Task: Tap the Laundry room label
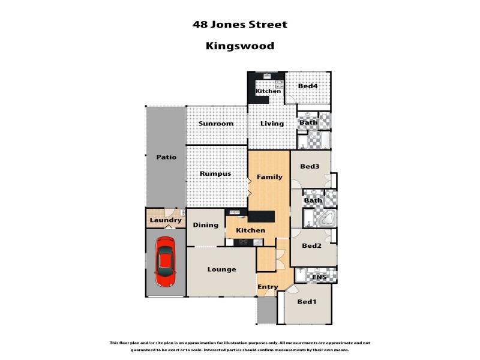[165, 220]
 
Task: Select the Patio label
[166, 157]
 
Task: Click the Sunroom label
[216, 124]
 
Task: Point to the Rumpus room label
[216, 174]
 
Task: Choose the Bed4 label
[308, 86]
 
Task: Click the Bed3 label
[310, 167]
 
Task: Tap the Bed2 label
[312, 245]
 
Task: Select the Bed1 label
[307, 302]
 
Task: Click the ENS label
[319, 277]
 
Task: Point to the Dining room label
[205, 225]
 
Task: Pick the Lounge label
[221, 269]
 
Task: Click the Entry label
[268, 287]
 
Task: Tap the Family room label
[269, 177]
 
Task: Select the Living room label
[272, 124]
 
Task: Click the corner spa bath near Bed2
[326, 218]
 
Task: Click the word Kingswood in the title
[240, 45]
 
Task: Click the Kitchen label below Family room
[251, 230]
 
